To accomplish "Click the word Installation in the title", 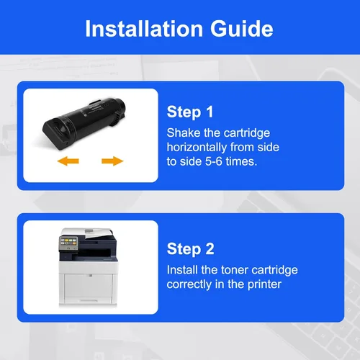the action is click(x=144, y=29).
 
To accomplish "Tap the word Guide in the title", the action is click(x=242, y=29).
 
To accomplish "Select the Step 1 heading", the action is click(x=190, y=112).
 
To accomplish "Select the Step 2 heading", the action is click(x=190, y=249).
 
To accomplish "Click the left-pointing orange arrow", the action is click(x=68, y=161).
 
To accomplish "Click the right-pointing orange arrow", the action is click(x=112, y=161).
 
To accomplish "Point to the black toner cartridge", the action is click(x=84, y=123).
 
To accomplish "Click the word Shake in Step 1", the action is click(x=184, y=132).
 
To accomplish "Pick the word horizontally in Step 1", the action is click(x=197, y=147).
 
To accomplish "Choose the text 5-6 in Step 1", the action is click(x=214, y=161).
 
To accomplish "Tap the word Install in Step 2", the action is click(x=182, y=270).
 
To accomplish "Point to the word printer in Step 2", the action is click(x=264, y=284).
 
